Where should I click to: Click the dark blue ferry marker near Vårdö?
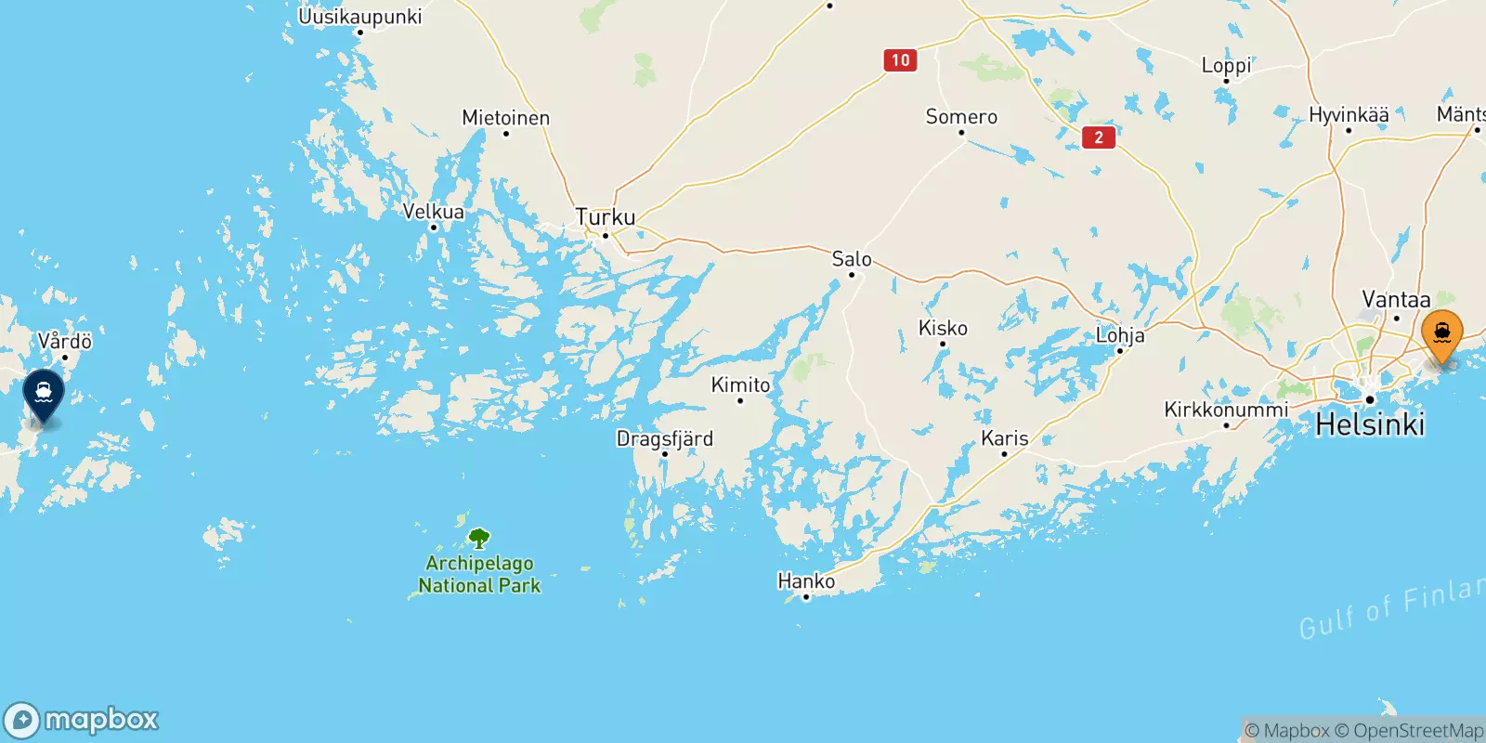pyautogui.click(x=44, y=393)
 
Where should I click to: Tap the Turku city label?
pyautogui.click(x=606, y=217)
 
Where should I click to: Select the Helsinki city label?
pyautogui.click(x=1370, y=424)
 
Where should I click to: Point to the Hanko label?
pyautogui.click(x=806, y=581)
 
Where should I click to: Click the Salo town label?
pyautogui.click(x=852, y=259)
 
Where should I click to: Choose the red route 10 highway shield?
pyautogui.click(x=900, y=60)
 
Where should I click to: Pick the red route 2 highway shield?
pyautogui.click(x=1099, y=137)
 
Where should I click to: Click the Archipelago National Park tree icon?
pyautogui.click(x=479, y=539)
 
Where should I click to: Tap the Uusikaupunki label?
pyautogui.click(x=360, y=17)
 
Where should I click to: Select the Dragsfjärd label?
pyautogui.click(x=665, y=438)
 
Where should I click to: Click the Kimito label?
pyautogui.click(x=740, y=385)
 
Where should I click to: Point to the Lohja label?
pyautogui.click(x=1120, y=335)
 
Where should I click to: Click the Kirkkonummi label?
pyautogui.click(x=1226, y=410)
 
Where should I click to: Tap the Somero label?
pyautogui.click(x=961, y=117)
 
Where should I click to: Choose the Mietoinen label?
pyautogui.click(x=506, y=118)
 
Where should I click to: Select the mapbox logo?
pyautogui.click(x=82, y=720)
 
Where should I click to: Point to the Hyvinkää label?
pyautogui.click(x=1349, y=115)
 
